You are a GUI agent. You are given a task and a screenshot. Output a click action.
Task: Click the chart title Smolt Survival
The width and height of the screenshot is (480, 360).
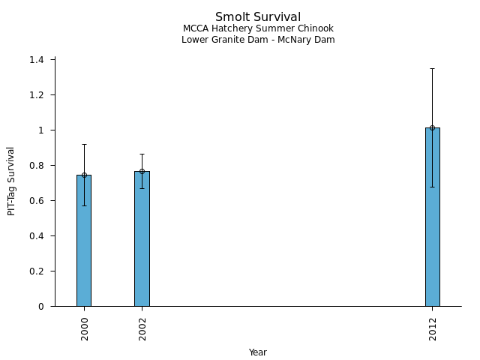258,17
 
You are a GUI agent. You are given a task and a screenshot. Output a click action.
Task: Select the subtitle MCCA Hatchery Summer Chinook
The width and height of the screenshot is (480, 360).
258,28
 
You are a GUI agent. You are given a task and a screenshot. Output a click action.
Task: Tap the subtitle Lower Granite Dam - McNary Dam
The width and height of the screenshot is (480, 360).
258,40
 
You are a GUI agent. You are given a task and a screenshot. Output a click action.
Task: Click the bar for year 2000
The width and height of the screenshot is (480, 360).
84,240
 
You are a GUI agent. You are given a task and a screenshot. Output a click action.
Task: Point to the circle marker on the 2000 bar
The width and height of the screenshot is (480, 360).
84,175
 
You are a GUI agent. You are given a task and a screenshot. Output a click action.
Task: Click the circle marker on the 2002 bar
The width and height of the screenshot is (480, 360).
142,171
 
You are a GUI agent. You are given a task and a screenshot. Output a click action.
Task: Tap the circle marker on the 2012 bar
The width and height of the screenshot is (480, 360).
433,127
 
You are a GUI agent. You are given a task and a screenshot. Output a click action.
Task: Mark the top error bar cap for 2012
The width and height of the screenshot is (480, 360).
433,68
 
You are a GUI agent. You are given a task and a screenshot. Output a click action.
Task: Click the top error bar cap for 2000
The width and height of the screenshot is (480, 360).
84,144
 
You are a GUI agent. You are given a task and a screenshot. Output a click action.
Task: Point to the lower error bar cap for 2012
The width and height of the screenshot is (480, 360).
433,187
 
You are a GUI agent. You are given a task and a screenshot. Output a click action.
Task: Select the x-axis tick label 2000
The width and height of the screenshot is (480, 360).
84,328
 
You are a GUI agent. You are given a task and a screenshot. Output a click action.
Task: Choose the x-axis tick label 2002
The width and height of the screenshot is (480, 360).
142,328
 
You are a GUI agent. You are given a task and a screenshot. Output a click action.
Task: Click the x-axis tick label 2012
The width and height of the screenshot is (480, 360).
433,328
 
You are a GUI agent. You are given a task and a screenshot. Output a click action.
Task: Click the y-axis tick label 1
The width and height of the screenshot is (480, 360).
42,130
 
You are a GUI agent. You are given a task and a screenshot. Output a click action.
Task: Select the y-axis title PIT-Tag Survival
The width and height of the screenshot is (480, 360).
11,181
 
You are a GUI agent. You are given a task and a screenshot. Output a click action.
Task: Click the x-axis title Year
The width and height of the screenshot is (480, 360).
258,352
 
